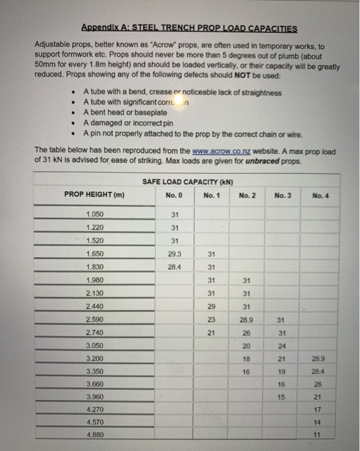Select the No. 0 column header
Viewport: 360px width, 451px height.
click(x=175, y=195)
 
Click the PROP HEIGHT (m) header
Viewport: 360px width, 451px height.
click(x=94, y=195)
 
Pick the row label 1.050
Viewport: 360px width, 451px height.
click(x=95, y=215)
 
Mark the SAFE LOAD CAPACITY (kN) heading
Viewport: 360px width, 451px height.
click(x=188, y=182)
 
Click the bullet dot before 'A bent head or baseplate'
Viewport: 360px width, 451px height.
click(x=75, y=113)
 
